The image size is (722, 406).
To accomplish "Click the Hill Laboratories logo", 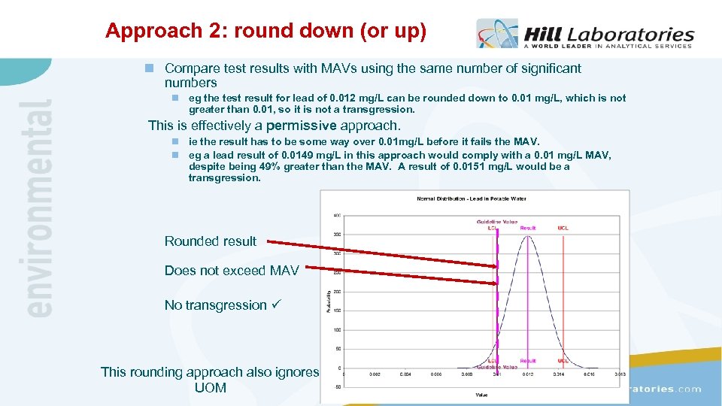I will pos(585,35).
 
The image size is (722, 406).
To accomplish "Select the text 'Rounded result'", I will pos(210,241).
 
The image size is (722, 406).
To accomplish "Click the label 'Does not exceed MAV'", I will pos(232,270).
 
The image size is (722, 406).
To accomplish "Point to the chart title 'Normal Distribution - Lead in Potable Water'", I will pos(472,198).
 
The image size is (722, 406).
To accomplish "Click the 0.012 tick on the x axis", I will pos(528,374).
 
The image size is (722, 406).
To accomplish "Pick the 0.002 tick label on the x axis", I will pos(373,374).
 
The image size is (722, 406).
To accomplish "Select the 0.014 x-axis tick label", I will pos(559,374).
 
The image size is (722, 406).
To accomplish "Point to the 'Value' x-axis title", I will pos(481,394).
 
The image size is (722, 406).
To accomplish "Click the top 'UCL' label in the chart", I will pos(563,227).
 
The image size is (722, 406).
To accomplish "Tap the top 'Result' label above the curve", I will pos(528,227).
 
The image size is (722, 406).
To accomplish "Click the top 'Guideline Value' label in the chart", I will pos(496,221).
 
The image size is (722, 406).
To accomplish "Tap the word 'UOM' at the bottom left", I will pos(210,388).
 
